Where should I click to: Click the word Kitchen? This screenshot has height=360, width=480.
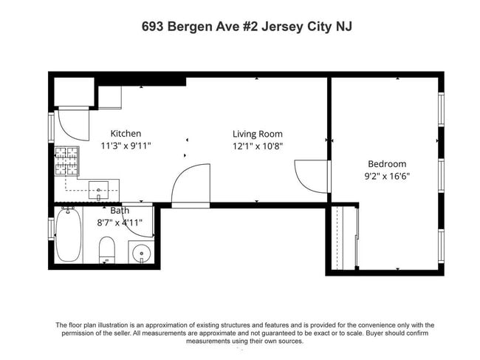coord(126,134)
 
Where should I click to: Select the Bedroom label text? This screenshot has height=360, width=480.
coord(388,164)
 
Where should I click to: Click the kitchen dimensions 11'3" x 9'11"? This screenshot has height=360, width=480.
coord(126,146)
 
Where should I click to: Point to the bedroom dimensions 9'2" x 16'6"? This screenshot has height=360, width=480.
coord(388,177)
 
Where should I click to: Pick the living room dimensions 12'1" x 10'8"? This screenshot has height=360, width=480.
coord(256,146)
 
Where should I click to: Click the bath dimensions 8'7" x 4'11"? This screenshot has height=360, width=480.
coord(119,223)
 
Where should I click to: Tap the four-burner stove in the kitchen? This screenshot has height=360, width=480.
coord(66,159)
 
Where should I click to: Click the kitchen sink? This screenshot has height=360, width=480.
coord(98,190)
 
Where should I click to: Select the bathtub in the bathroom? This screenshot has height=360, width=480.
coord(68,234)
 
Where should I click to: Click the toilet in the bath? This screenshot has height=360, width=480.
coord(107,249)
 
